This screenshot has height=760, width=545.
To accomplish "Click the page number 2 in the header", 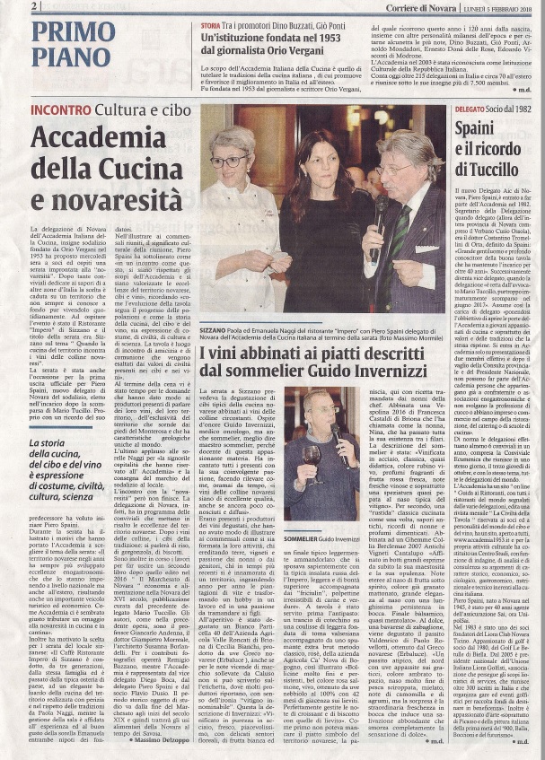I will tap(34, 6).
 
